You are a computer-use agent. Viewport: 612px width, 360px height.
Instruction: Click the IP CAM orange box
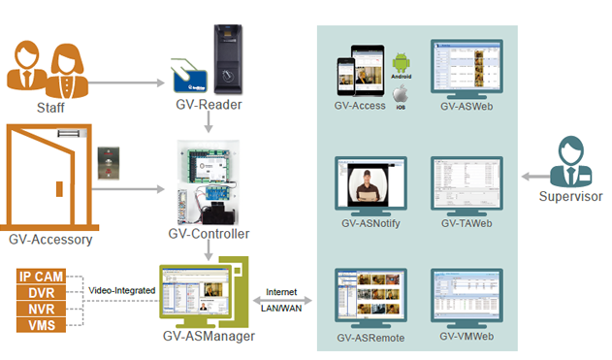(42, 278)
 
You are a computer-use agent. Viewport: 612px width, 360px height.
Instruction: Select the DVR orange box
(42, 293)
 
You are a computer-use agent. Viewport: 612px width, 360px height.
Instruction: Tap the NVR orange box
(42, 309)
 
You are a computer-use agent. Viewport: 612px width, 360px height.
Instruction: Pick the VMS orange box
(42, 325)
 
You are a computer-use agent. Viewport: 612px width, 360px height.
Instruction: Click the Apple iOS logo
(402, 94)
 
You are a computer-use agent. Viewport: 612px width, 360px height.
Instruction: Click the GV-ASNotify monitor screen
(370, 183)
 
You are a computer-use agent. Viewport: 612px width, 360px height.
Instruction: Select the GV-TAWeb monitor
(465, 183)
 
